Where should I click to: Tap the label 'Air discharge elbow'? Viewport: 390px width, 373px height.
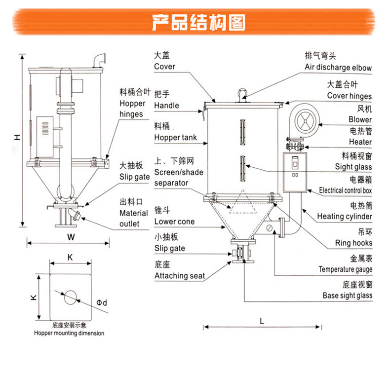[x=338, y=68]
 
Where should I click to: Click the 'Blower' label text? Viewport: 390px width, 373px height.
[x=360, y=119]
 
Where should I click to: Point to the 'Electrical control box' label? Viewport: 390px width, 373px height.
[x=346, y=190]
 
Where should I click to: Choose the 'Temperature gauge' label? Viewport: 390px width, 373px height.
[x=345, y=269]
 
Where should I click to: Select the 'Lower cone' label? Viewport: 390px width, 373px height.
[x=174, y=222]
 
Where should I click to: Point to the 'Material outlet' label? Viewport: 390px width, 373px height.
[x=133, y=218]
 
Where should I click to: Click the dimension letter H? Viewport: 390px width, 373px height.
[x=16, y=137]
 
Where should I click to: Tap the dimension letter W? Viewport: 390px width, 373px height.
[x=71, y=237]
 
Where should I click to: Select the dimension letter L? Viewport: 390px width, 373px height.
[x=262, y=320]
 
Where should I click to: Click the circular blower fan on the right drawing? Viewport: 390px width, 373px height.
[x=302, y=121]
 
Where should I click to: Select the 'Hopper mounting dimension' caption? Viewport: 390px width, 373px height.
[x=69, y=333]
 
